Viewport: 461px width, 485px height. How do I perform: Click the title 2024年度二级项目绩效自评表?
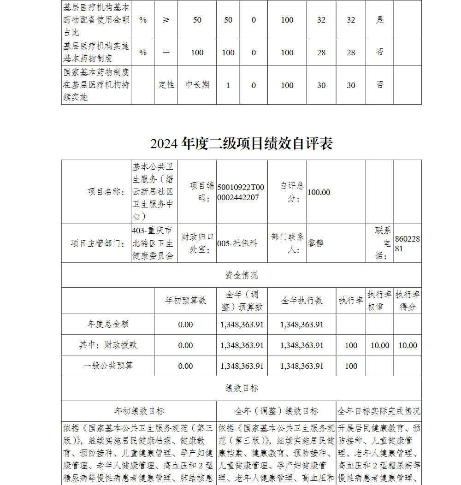point(242,143)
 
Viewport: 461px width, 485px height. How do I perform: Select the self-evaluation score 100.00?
point(319,192)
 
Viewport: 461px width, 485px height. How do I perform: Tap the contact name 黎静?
point(316,243)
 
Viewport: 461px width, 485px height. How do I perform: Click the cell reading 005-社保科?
point(237,243)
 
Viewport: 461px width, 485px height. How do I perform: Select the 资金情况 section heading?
point(242,275)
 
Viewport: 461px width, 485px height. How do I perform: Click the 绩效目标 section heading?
point(242,388)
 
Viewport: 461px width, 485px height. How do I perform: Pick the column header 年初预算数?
point(185,301)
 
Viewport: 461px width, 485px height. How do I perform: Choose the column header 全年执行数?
point(302,301)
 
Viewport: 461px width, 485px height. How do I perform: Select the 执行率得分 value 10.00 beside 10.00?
point(408,345)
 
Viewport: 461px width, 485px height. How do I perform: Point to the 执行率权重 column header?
point(380,301)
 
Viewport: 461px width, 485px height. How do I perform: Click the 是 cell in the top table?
point(380,20)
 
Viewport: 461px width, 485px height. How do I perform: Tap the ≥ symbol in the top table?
point(166,20)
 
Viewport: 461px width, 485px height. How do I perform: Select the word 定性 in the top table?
point(166,85)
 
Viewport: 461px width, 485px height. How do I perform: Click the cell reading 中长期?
point(197,85)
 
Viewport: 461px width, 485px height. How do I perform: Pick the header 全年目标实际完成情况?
point(379,411)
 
